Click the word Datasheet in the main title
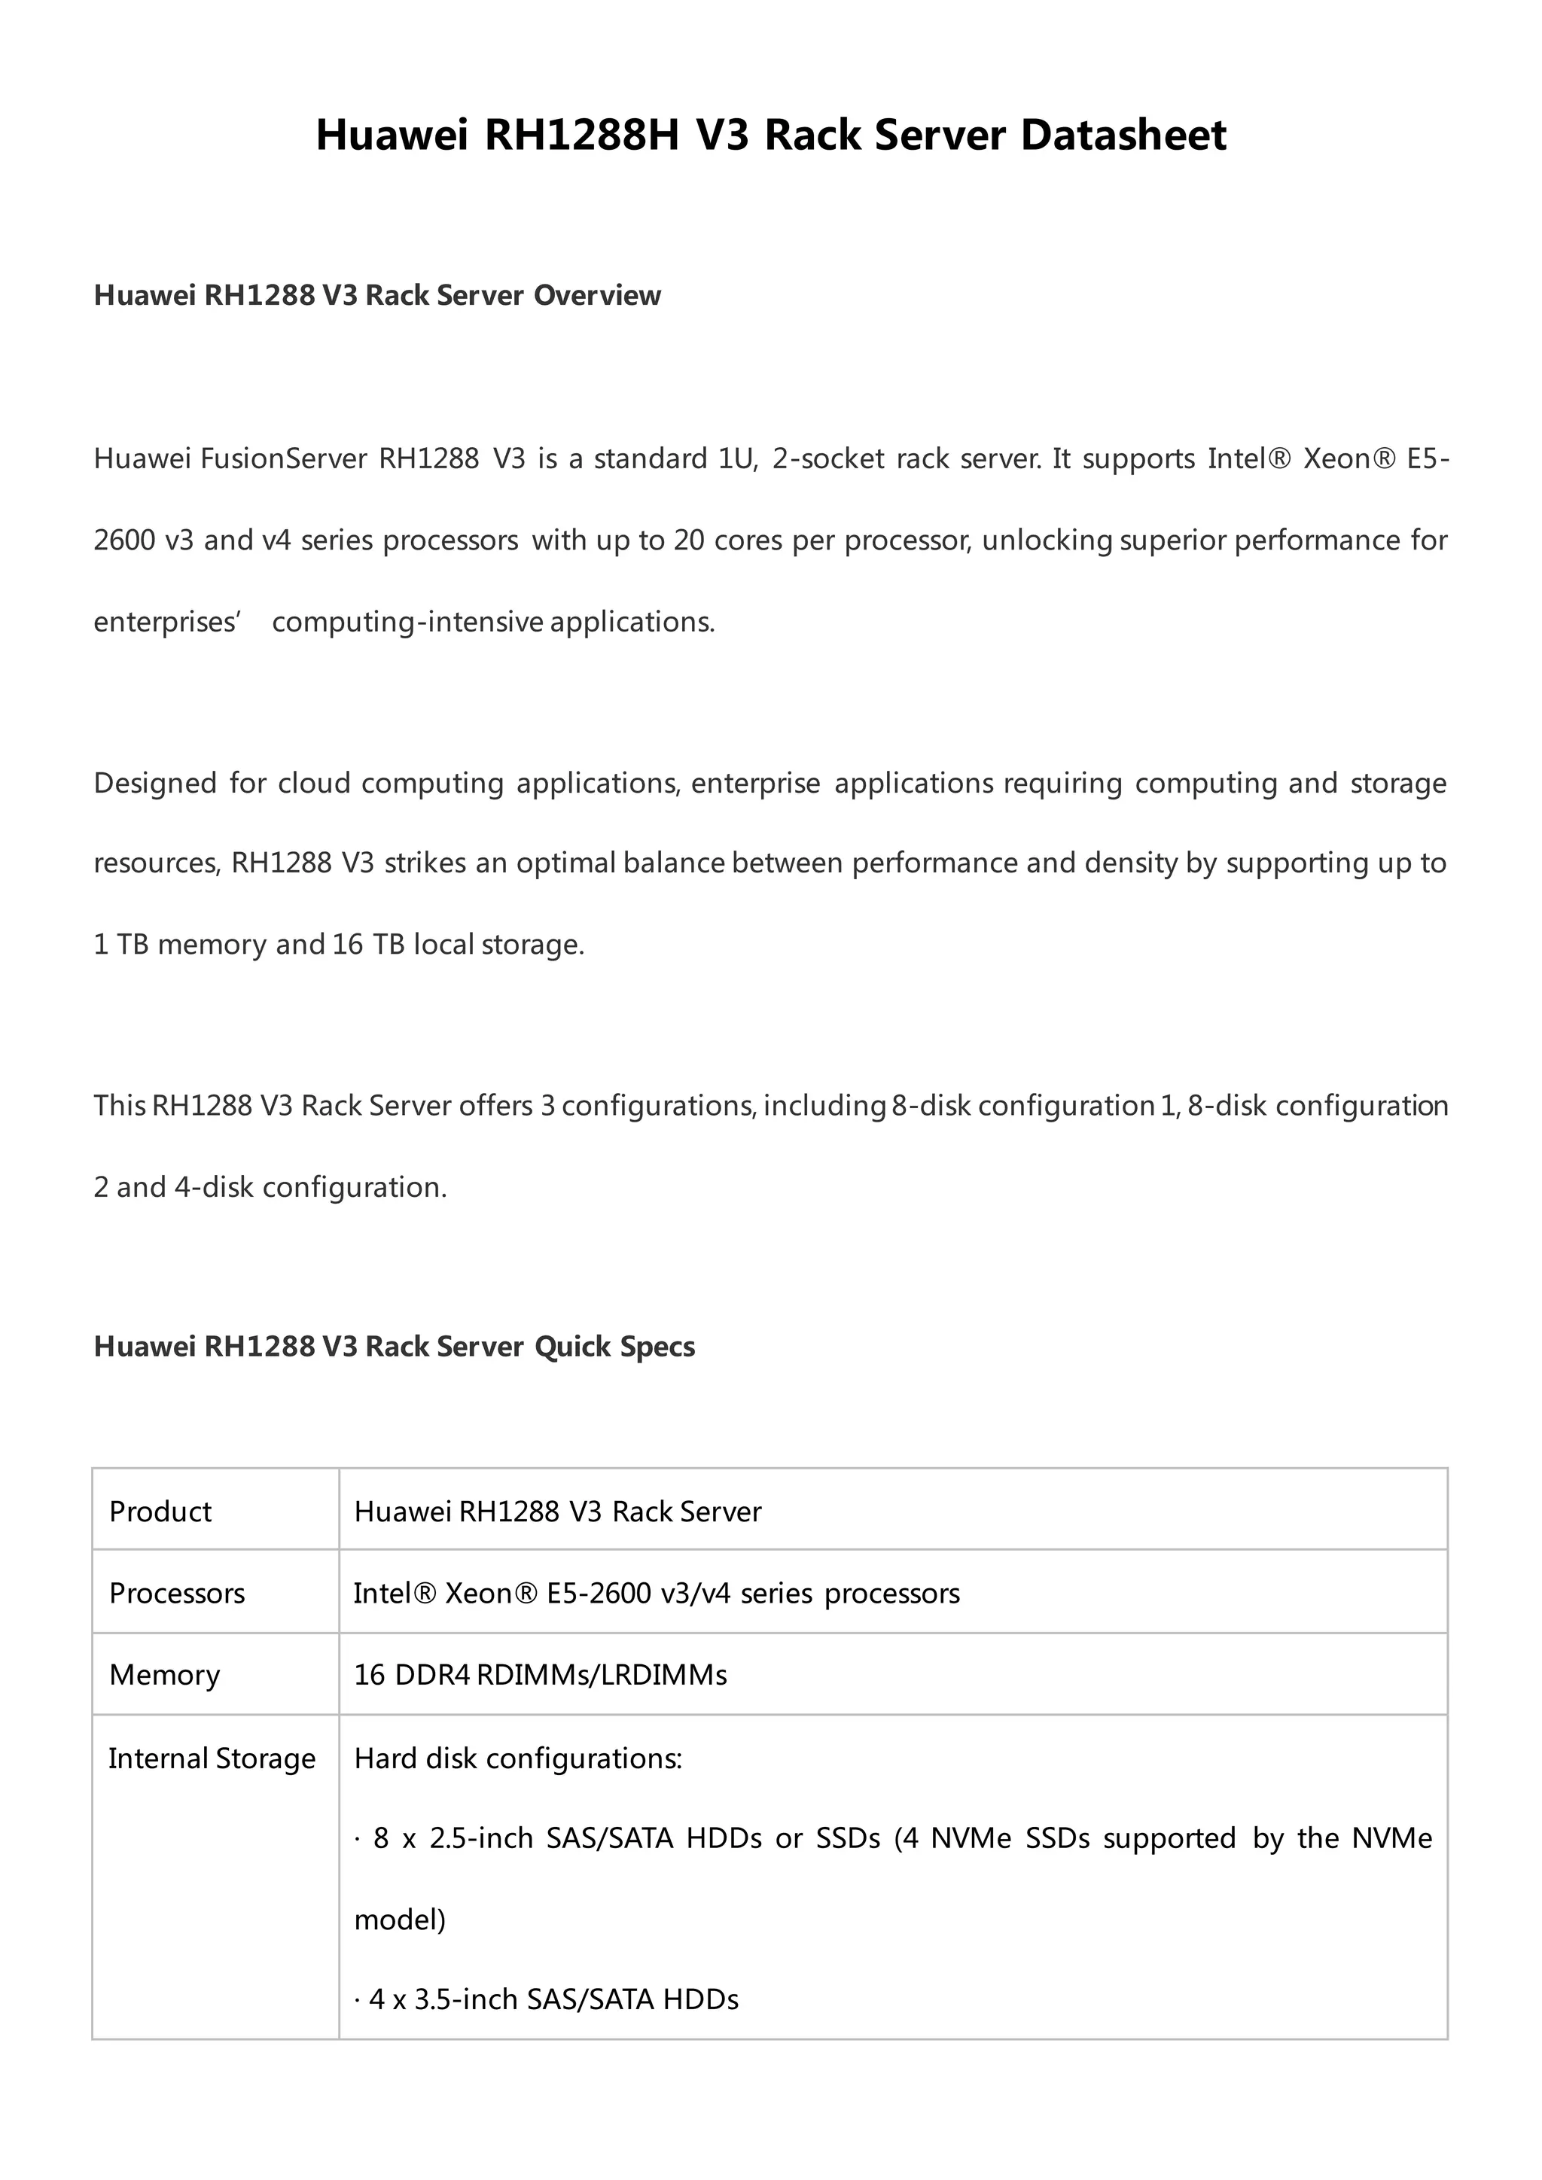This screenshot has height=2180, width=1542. click(1123, 135)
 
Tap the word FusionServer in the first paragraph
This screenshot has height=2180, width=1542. click(283, 458)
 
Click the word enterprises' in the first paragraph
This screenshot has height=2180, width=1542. click(168, 622)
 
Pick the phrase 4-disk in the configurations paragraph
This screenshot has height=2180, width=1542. click(214, 1188)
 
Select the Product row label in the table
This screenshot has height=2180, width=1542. click(160, 1512)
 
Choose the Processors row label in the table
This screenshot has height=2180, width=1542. click(177, 1594)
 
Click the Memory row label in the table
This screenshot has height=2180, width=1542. click(164, 1675)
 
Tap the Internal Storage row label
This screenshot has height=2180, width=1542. click(211, 1758)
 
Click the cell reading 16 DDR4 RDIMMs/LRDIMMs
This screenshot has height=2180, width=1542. click(541, 1675)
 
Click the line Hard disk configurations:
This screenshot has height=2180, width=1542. click(517, 1758)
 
